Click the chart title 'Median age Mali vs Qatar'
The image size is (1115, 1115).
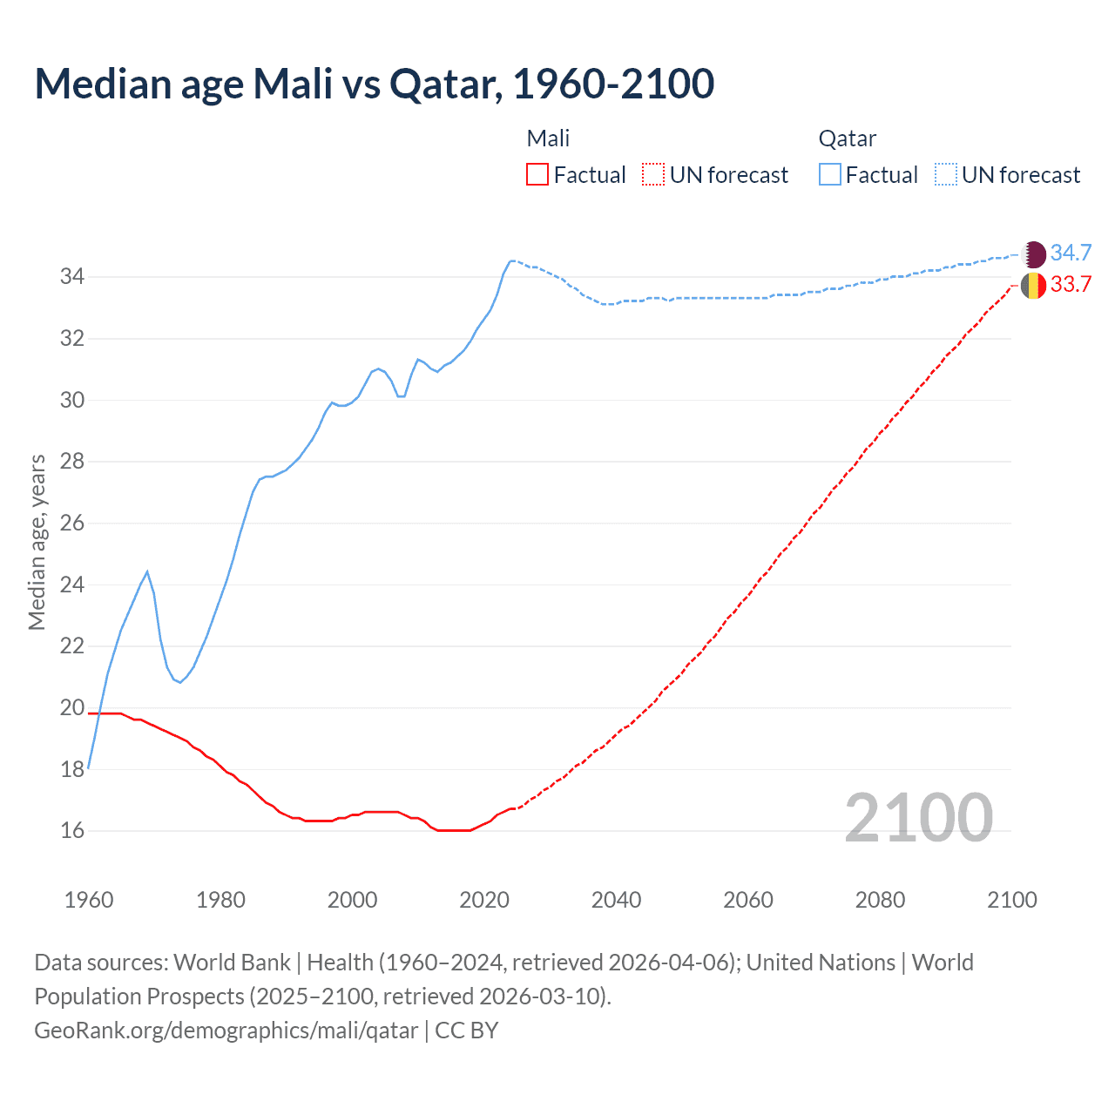click(x=375, y=84)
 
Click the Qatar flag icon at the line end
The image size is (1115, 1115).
click(x=1033, y=253)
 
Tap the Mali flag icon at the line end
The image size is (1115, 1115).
click(x=1033, y=285)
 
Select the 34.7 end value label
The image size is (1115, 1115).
click(x=1071, y=253)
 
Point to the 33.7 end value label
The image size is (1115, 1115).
click(x=1071, y=285)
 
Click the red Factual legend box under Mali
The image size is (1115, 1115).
click(x=537, y=175)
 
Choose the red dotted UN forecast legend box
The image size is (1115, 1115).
click(x=653, y=175)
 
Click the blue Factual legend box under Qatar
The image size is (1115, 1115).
click(x=830, y=175)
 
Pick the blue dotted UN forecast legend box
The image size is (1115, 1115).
click(x=946, y=175)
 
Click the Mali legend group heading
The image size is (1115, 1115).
click(x=548, y=139)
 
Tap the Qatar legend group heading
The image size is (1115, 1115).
click(x=847, y=139)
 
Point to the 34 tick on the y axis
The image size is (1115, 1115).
click(x=71, y=277)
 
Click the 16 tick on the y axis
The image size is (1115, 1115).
click(x=71, y=831)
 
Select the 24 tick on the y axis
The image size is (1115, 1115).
click(x=71, y=585)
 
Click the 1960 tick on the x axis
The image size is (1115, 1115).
click(x=89, y=900)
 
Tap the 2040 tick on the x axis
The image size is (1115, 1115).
click(x=616, y=900)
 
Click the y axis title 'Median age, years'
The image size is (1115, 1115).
click(x=37, y=542)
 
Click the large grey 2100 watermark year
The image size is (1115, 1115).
click(x=918, y=817)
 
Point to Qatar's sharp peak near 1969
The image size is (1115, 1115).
click(x=147, y=571)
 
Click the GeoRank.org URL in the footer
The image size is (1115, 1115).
click(x=226, y=1031)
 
